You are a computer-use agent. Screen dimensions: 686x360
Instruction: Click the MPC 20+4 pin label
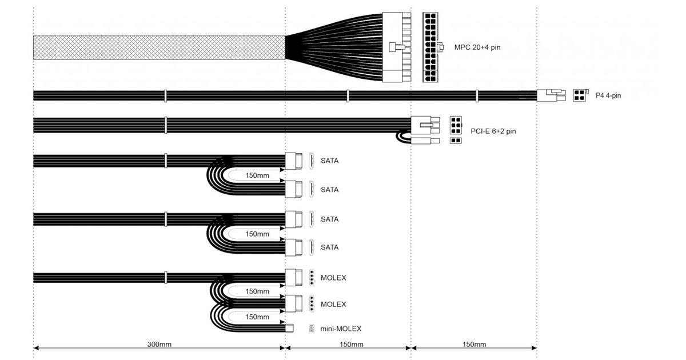pyautogui.click(x=477, y=47)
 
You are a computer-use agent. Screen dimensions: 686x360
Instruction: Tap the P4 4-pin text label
pyautogui.click(x=608, y=95)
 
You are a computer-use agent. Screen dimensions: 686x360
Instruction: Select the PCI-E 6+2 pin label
pyautogui.click(x=493, y=131)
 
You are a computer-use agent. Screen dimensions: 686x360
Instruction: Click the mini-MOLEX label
pyautogui.click(x=341, y=329)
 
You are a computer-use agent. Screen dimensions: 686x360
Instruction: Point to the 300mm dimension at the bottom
pyautogui.click(x=159, y=345)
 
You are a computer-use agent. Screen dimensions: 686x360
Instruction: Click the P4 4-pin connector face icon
pyautogui.click(x=580, y=95)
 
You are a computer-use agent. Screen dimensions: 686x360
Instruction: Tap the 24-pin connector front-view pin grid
pyautogui.click(x=430, y=47)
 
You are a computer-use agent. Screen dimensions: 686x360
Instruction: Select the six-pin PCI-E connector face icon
pyautogui.click(x=456, y=125)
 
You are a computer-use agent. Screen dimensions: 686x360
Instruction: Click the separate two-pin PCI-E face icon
pyautogui.click(x=456, y=141)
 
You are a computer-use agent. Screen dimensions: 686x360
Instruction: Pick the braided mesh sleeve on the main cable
pyautogui.click(x=159, y=47)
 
